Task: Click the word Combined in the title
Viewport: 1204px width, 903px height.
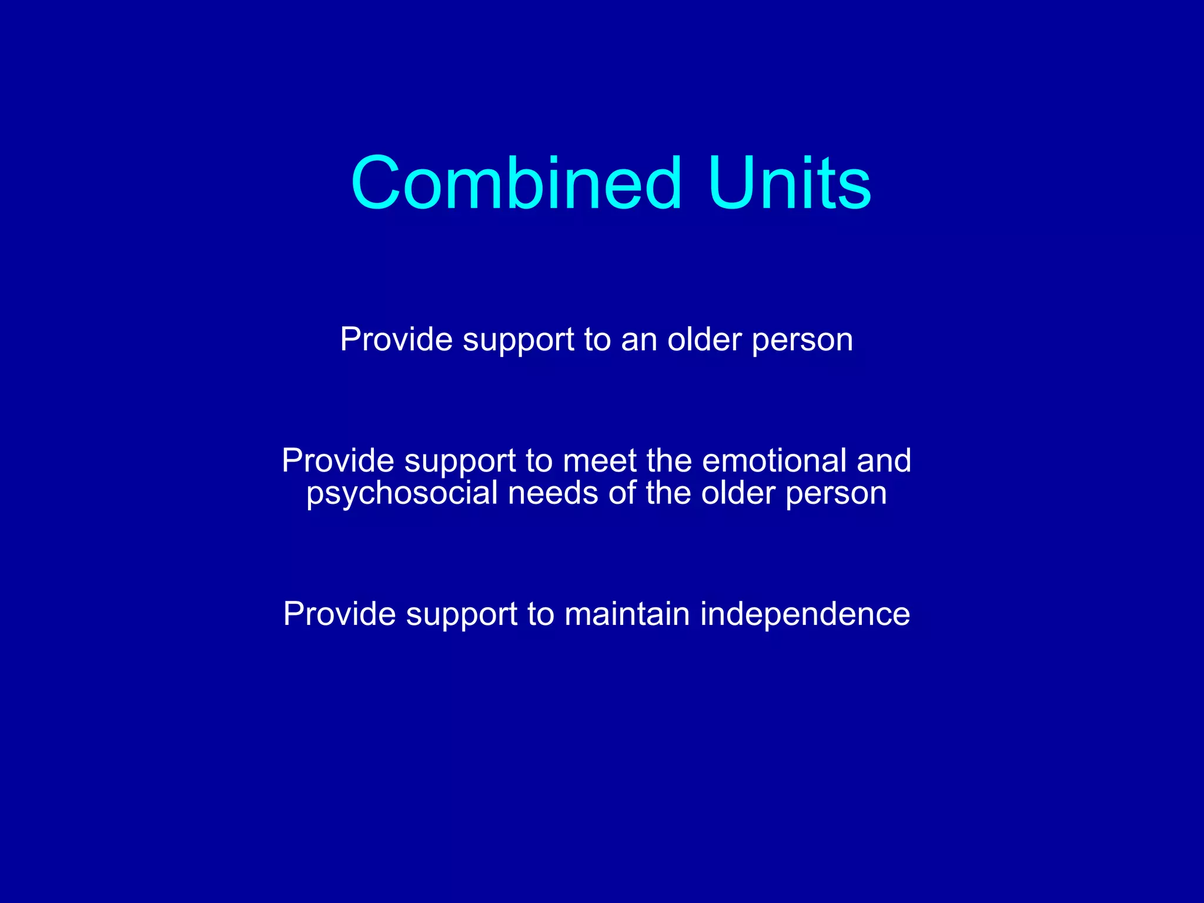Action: point(516,183)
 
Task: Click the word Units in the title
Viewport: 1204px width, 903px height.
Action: point(789,183)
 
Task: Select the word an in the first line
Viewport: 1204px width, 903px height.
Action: point(638,340)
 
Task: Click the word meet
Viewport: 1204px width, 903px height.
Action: point(599,460)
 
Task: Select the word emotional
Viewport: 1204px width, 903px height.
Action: point(774,460)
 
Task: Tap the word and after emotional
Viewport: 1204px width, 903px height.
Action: point(884,460)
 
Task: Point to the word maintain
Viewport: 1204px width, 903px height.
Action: point(627,614)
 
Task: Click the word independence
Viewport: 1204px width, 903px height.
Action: point(805,614)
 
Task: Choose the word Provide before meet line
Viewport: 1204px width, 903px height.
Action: point(338,460)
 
